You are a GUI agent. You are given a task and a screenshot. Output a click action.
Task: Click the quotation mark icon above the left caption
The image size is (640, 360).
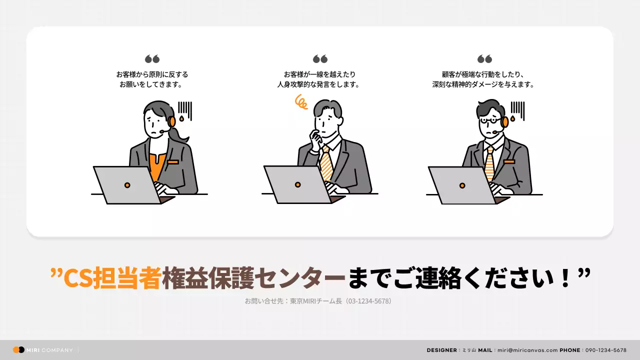click(x=152, y=59)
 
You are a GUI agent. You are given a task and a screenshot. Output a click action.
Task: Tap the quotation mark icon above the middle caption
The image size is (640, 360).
click(x=320, y=59)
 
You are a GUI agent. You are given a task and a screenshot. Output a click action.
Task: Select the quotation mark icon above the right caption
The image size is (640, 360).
click(x=484, y=59)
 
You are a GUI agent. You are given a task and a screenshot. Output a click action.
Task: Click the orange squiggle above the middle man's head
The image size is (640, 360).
click(x=301, y=102)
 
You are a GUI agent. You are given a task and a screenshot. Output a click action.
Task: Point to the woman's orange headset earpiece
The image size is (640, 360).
click(x=171, y=121)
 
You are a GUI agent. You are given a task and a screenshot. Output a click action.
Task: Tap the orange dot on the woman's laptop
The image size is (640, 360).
click(x=127, y=185)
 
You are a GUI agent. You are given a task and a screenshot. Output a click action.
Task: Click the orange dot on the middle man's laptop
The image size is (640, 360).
click(x=298, y=184)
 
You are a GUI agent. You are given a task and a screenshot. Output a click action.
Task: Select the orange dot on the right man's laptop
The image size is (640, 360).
click(x=462, y=185)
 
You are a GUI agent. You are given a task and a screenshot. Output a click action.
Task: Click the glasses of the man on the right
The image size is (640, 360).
click(x=488, y=120)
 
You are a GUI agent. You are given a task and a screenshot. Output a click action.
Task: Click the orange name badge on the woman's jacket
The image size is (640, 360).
click(x=173, y=161)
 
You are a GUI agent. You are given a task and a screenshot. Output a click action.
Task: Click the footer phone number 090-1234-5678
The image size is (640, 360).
click(x=605, y=350)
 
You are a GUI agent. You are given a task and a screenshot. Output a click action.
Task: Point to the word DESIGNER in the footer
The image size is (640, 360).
click(x=441, y=350)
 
